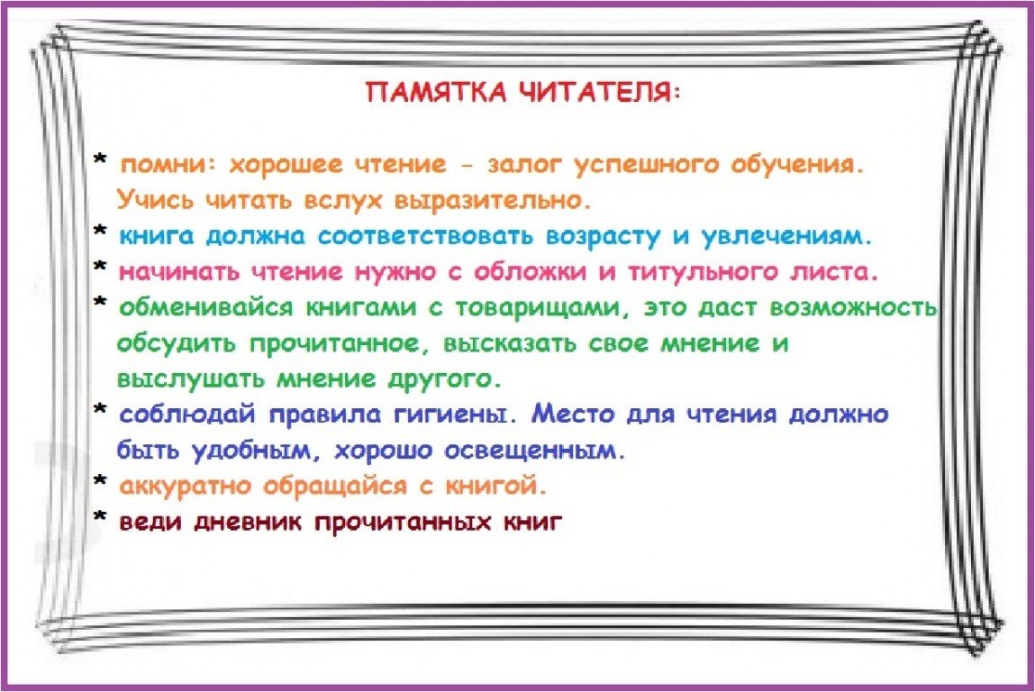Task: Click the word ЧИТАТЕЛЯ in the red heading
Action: click(595, 92)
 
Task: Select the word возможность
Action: click(854, 308)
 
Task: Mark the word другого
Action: click(442, 379)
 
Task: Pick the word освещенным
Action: click(532, 451)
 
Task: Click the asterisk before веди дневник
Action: click(100, 517)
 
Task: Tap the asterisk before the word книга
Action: click(100, 231)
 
